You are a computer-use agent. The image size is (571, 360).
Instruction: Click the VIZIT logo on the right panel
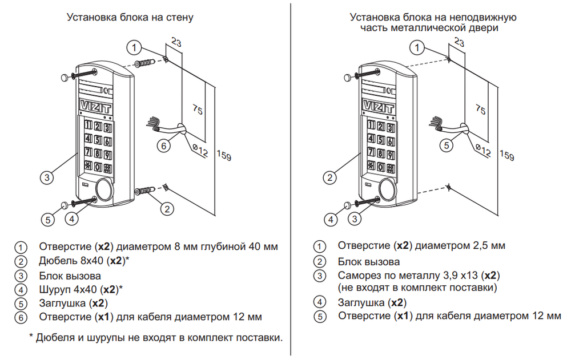coord(378,107)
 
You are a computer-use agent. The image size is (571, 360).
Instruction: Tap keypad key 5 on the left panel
coord(98,140)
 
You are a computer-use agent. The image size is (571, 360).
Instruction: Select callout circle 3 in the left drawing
coord(48,177)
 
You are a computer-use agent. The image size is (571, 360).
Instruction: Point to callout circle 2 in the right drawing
coord(329,178)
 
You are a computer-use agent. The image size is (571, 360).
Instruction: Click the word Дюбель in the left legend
coord(55,261)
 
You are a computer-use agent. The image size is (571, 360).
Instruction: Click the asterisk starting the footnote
coord(31,338)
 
